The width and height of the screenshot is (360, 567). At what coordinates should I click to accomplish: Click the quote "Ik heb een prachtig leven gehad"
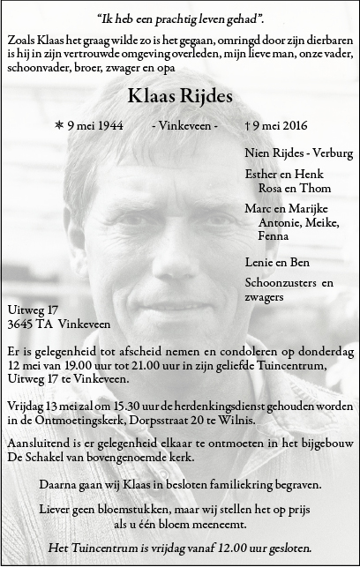point(180,19)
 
